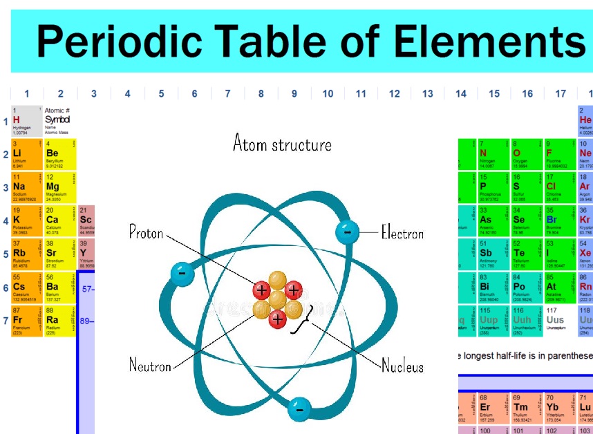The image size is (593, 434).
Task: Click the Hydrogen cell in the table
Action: (26, 121)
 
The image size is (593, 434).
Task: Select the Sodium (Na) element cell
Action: (26, 187)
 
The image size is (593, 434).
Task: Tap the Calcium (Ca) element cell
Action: (59, 220)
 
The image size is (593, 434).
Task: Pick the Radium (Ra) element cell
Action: (59, 321)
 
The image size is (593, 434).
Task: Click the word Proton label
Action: (147, 232)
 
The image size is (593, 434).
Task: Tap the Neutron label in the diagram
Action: (150, 365)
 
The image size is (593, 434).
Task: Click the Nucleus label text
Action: (402, 366)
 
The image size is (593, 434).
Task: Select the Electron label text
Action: (402, 233)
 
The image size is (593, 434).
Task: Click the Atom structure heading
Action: (282, 144)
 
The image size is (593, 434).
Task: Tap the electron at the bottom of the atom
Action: (299, 408)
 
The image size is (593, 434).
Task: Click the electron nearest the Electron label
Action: (347, 232)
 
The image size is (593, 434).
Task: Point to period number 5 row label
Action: (6, 254)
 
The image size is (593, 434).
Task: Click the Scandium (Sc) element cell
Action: (86, 220)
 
